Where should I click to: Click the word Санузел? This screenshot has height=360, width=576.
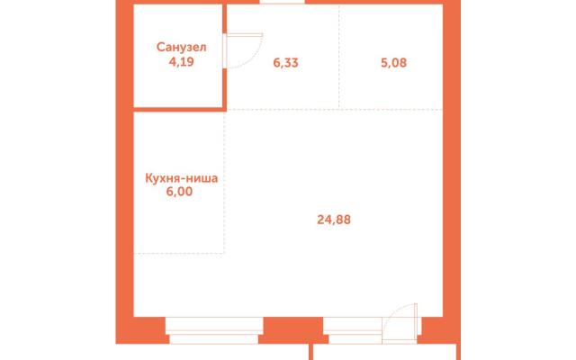coord(181,47)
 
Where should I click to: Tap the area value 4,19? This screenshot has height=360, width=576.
coord(181,61)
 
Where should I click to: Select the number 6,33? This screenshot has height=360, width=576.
coord(285,63)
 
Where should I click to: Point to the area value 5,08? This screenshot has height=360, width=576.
coord(393,63)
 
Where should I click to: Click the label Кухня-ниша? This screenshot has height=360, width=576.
coord(182,178)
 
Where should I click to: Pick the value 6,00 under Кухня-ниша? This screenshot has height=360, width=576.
coord(179,192)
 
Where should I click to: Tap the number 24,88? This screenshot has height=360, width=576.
coord(334,220)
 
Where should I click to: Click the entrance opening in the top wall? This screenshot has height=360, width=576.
coord(282,2)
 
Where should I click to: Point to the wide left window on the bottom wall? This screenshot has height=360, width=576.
coord(214,330)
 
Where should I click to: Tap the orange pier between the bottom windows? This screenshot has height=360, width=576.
coord(293,330)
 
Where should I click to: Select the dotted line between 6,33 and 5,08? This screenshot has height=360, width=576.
coord(339,57)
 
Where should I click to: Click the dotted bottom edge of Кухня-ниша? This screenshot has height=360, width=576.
coord(179,253)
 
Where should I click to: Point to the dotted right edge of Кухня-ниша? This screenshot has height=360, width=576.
coord(224,182)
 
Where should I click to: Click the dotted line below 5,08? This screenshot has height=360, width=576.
coord(391,110)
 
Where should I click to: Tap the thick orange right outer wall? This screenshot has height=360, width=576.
coord(452,172)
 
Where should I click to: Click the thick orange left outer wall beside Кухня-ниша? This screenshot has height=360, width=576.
coord(124,182)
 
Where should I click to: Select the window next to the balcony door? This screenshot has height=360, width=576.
coord(353,330)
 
